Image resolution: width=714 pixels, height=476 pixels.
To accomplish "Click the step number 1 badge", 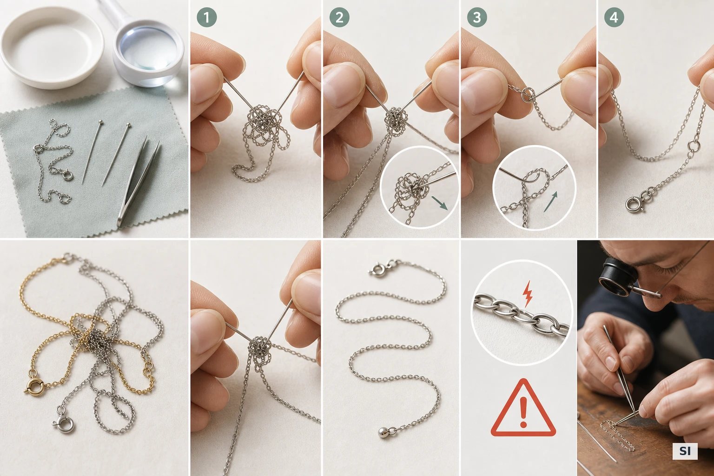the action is tap(206, 17).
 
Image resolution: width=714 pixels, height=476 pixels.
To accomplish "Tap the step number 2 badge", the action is tap(339, 17).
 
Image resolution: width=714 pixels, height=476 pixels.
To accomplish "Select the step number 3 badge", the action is tap(477, 17).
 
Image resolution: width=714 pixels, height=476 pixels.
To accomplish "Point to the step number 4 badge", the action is tap(614, 17).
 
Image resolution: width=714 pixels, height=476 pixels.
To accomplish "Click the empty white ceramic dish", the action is tap(52, 48).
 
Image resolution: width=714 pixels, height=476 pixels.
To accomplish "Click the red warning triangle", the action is tap(523, 408).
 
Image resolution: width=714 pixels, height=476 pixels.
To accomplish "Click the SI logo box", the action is tap(685, 451).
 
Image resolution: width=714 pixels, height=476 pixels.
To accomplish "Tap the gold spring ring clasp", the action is tap(34, 385).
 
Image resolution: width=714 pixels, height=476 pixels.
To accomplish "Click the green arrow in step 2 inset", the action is tap(439, 203).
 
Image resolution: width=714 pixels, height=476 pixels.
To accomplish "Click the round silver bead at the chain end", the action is tap(383, 432).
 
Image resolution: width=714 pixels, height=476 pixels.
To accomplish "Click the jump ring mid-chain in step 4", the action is tap(693, 146).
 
